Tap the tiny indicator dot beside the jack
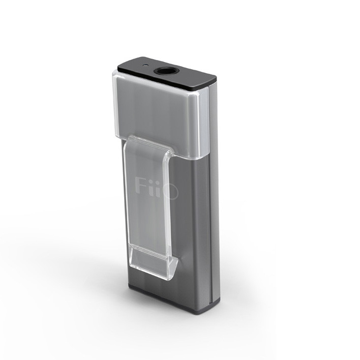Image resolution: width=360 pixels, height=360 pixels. coord(144,66)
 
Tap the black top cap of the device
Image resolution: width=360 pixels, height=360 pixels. coord(167,73)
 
